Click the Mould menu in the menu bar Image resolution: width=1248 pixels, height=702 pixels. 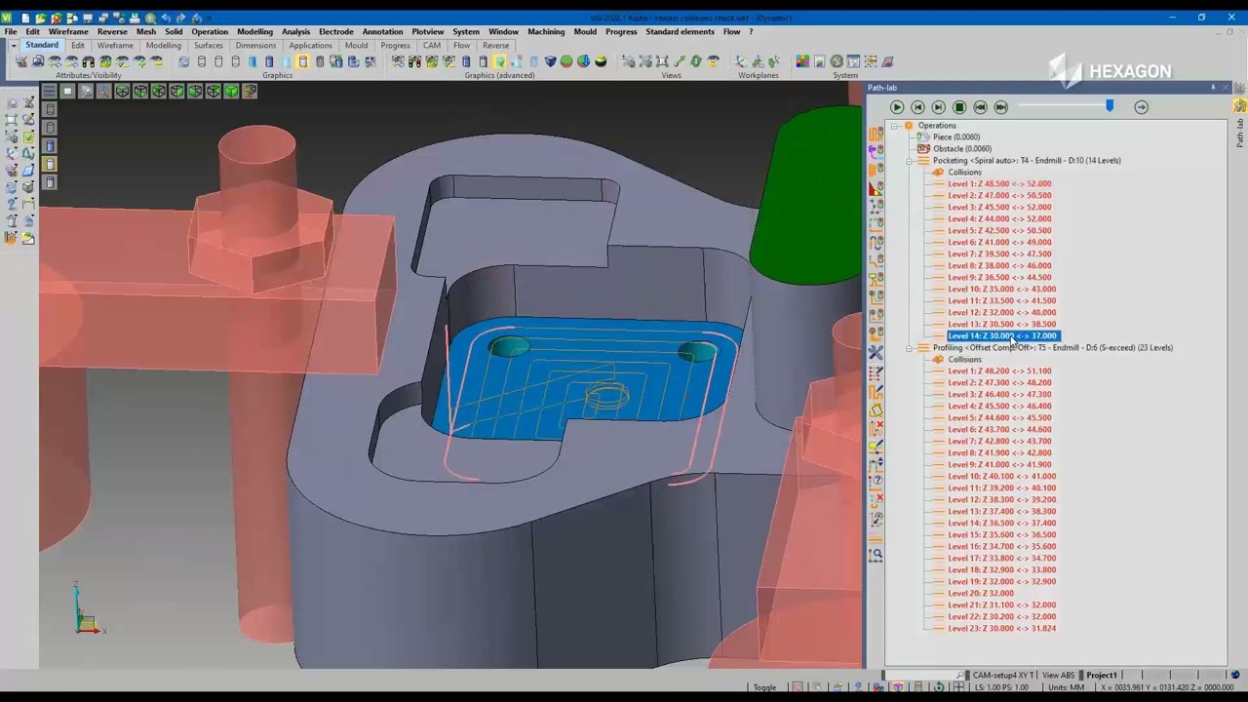[585, 31]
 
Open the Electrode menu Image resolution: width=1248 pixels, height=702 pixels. [335, 31]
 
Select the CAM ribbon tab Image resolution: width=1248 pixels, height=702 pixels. [432, 46]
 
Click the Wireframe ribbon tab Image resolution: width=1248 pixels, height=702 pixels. [115, 46]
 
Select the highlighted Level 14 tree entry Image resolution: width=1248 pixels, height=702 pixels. [1001, 335]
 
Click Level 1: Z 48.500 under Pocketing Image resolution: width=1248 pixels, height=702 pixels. [999, 183]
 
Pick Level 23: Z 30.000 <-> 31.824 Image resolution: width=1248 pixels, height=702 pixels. [1001, 628]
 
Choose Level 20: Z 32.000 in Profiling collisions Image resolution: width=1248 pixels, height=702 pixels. [980, 593]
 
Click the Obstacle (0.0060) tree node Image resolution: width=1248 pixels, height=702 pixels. [961, 148]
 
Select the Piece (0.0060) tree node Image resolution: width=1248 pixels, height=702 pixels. [955, 136]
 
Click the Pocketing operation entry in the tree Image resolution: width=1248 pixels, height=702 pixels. [1026, 160]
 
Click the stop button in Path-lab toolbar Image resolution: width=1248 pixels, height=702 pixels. [959, 107]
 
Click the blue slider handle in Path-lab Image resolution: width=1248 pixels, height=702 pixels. [1110, 106]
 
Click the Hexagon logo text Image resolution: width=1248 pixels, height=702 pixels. [1129, 71]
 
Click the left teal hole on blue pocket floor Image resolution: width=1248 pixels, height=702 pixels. [508, 347]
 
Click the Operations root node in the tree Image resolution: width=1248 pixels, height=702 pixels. [936, 125]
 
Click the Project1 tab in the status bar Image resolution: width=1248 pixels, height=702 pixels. [1101, 675]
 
